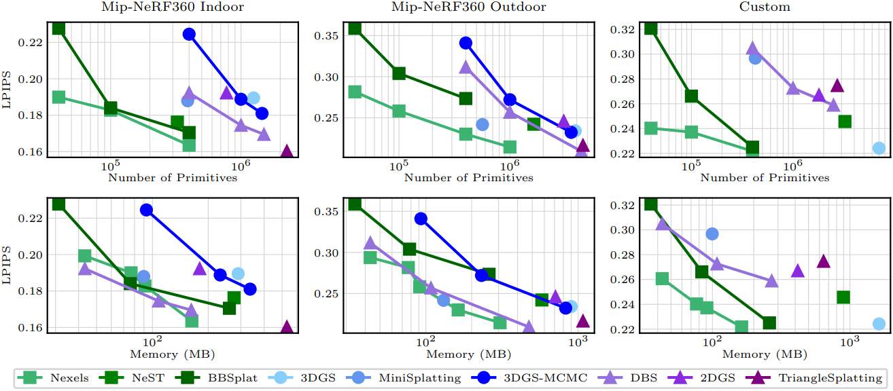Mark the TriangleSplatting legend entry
pyautogui.click(x=815, y=377)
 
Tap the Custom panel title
pyautogui.click(x=764, y=8)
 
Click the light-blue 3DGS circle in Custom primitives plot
pyautogui.click(x=879, y=148)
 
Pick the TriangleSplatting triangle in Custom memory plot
pyautogui.click(x=823, y=261)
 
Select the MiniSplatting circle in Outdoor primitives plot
pyautogui.click(x=482, y=124)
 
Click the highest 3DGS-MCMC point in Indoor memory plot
pyautogui.click(x=146, y=210)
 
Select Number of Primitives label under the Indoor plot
pyautogui.click(x=173, y=178)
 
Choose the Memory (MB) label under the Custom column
pyautogui.click(x=764, y=354)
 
